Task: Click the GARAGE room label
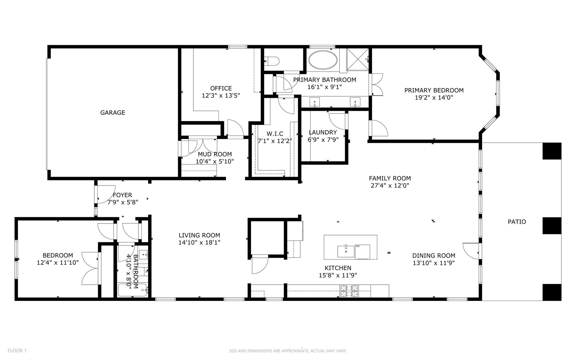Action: tap(112, 113)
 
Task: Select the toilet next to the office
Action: tap(272, 60)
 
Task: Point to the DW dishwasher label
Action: tap(358, 246)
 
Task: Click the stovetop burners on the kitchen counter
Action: tap(350, 291)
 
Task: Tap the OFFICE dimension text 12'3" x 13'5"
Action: tap(221, 96)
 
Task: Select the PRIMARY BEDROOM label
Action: tap(434, 90)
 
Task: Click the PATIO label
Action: tap(517, 222)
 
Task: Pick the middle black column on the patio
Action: tap(552, 225)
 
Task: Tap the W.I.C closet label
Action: tap(275, 134)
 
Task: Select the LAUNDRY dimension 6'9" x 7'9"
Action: tap(323, 139)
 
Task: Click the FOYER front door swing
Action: tap(105, 194)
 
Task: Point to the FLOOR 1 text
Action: tap(17, 351)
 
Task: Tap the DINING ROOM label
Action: tap(433, 256)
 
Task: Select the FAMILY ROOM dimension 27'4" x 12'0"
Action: tap(390, 185)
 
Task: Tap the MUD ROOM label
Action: tap(215, 154)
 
